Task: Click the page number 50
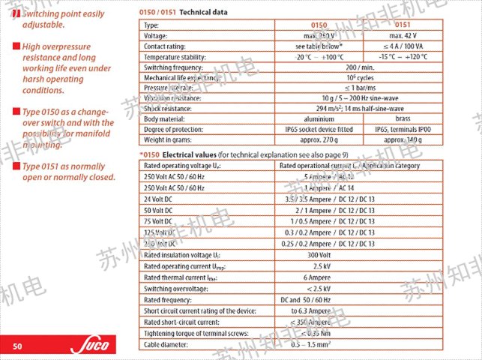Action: point(18,346)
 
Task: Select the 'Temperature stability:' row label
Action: point(177,56)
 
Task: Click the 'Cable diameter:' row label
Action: point(168,344)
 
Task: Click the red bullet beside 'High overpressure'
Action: point(16,46)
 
